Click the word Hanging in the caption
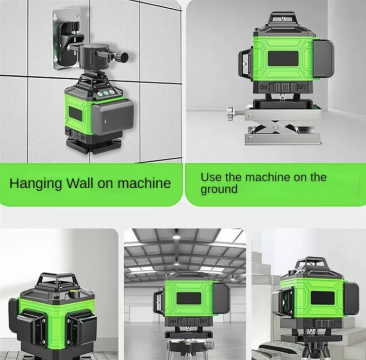[x=36, y=184]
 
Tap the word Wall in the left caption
[x=80, y=183]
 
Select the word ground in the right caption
[x=219, y=189]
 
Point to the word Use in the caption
[x=211, y=177]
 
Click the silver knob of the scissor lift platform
[x=231, y=113]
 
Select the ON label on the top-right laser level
[x=264, y=87]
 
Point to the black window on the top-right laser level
[x=283, y=58]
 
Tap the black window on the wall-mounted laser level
[x=75, y=114]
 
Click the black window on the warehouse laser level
[x=189, y=298]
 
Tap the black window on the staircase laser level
[x=323, y=298]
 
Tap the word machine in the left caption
[x=144, y=183]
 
